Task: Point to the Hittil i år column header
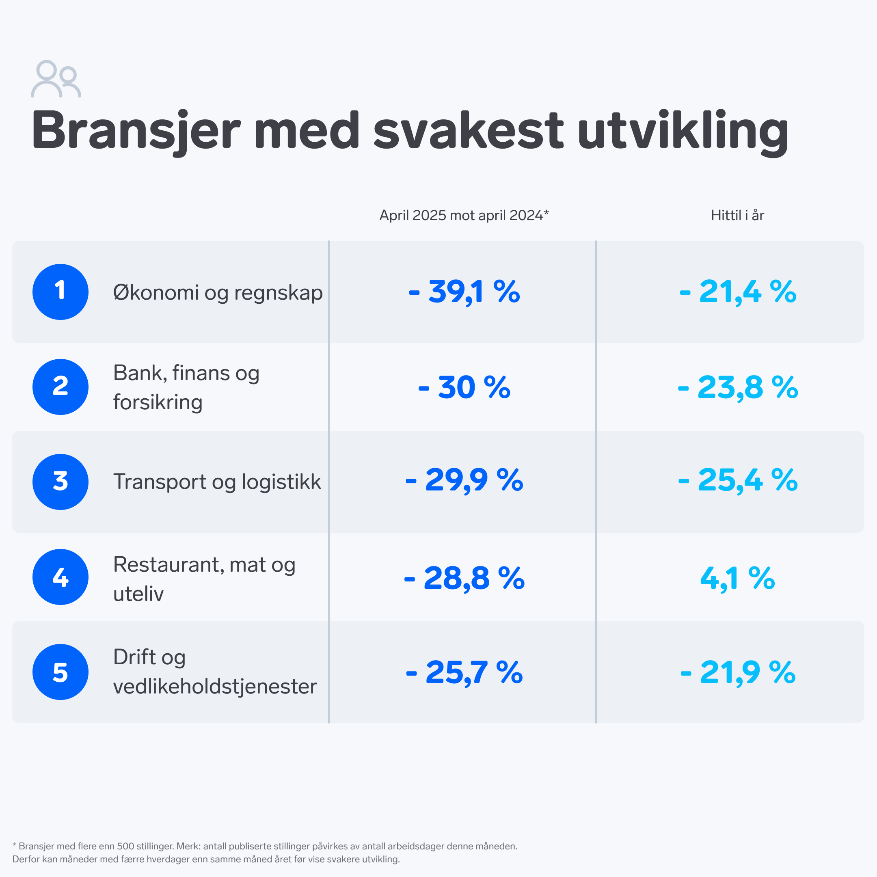737,215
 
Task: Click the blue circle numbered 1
60,292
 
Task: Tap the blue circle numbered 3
60,482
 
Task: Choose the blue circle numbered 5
60,672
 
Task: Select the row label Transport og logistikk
217,482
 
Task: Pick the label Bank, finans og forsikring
186,387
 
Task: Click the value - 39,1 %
464,292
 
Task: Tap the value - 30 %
464,387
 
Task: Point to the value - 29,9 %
464,480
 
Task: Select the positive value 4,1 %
737,578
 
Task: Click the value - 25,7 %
464,672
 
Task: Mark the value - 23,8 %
737,387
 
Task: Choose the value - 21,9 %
737,672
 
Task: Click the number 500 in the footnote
126,846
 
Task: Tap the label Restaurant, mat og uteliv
204,579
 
